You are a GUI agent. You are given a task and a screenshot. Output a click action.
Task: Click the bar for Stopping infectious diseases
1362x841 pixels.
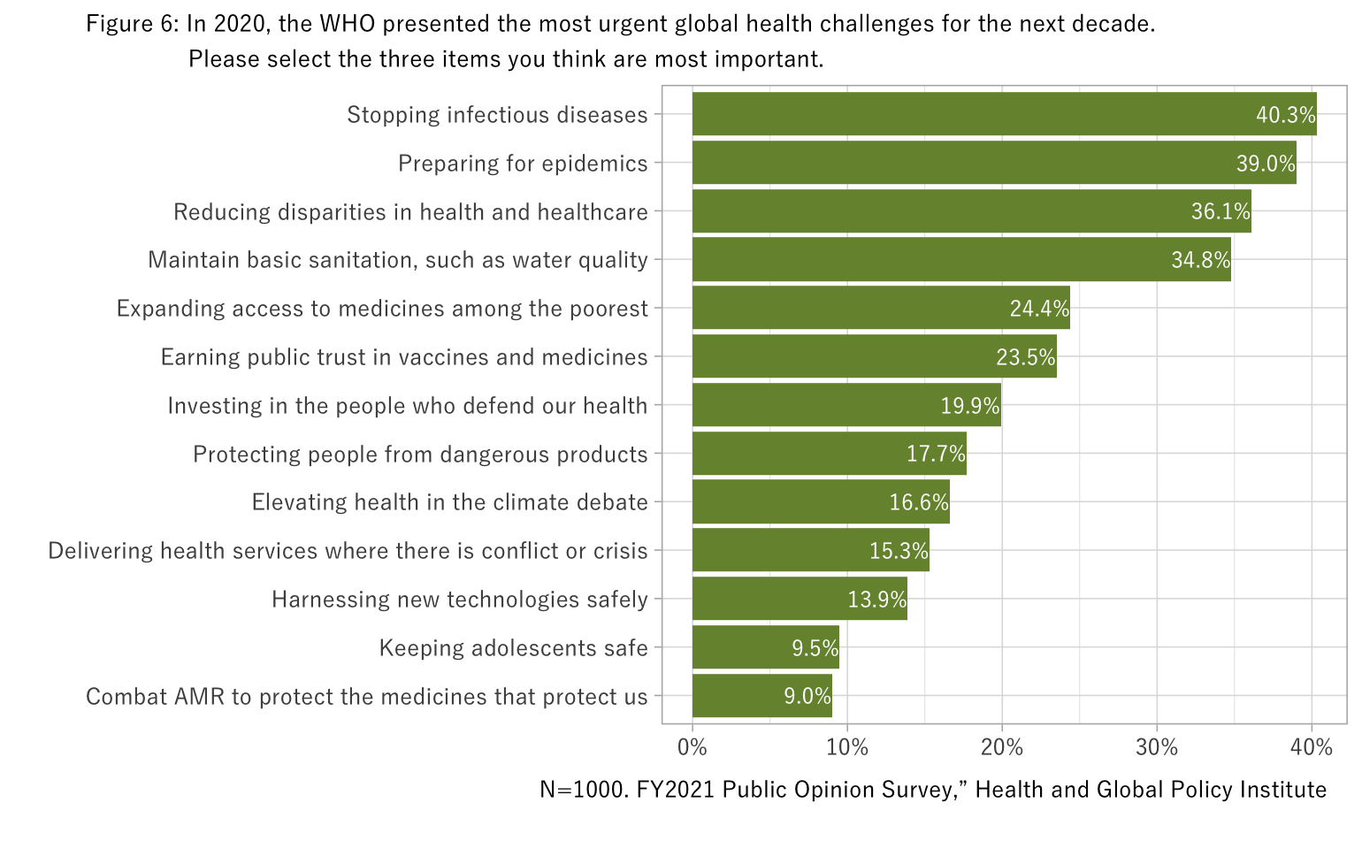(973, 114)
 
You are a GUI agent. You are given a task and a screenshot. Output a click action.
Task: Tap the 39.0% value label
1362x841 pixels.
(1266, 164)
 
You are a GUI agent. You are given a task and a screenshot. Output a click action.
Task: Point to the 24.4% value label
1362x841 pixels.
(1039, 309)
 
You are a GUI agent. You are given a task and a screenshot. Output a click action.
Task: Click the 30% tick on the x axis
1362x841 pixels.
(1157, 748)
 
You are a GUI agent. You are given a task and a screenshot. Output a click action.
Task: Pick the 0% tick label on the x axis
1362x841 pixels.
(692, 748)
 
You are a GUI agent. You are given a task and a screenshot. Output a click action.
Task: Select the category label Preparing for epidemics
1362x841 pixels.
(523, 164)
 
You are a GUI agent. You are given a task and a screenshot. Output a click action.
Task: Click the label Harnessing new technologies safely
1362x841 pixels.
(459, 600)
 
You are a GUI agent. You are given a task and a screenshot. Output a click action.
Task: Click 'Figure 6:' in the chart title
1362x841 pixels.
(133, 24)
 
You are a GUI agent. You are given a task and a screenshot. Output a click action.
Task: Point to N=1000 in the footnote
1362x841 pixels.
(584, 790)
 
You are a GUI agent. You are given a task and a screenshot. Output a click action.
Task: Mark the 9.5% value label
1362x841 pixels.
(815, 648)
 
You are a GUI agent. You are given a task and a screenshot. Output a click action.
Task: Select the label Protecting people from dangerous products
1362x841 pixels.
(420, 455)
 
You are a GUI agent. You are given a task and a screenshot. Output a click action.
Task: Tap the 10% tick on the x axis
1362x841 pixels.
(847, 748)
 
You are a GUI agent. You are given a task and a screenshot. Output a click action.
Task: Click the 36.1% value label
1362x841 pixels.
(1220, 212)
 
